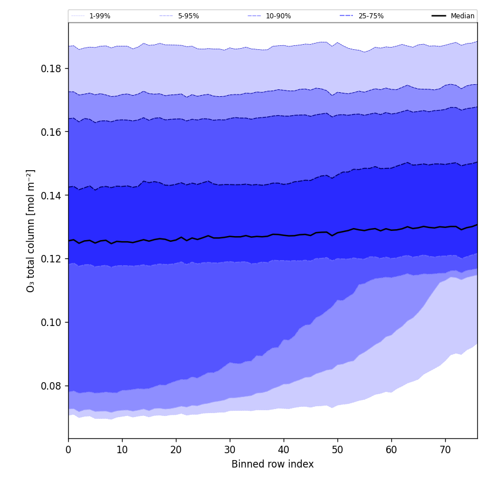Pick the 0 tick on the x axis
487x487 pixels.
[68, 450]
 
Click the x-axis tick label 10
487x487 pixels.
[122, 450]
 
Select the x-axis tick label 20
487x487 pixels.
[176, 450]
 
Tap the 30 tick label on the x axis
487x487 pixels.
[230, 450]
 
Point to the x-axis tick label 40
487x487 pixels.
[284, 450]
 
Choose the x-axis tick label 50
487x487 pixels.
[337, 450]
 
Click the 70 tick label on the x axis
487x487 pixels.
[445, 450]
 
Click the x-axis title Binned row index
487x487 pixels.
[273, 464]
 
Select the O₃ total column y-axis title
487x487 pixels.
[31, 230]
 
